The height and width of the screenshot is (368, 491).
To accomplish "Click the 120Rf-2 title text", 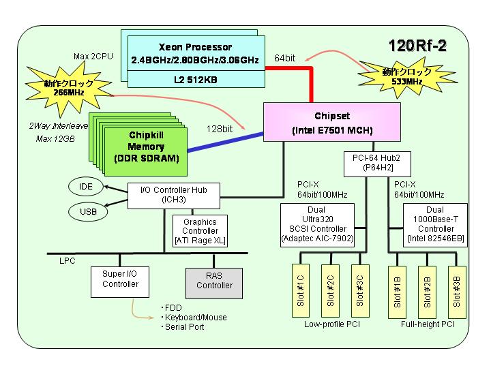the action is tap(417, 46).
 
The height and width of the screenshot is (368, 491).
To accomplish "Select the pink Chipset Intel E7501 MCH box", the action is tap(332, 122).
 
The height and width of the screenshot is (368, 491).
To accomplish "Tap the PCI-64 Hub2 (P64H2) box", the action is tap(377, 164).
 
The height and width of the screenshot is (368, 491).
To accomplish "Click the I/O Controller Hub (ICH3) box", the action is tap(174, 196).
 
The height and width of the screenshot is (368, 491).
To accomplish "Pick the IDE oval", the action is tap(85, 187).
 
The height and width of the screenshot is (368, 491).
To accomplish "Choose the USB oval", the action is tap(88, 212).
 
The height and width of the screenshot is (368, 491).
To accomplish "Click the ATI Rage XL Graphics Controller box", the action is tap(200, 231).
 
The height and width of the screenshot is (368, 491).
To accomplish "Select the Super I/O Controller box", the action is tap(120, 282).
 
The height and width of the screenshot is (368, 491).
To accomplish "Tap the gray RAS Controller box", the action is tap(214, 283).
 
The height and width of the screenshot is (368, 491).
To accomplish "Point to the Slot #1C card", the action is tap(301, 291).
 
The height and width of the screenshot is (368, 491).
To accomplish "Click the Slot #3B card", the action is tap(457, 292).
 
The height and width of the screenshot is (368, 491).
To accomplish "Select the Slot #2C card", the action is tap(330, 291).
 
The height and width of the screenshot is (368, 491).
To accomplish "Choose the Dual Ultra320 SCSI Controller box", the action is tap(318, 225).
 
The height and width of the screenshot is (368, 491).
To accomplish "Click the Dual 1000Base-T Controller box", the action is tap(435, 225).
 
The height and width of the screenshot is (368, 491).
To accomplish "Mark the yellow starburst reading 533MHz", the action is tap(406, 77).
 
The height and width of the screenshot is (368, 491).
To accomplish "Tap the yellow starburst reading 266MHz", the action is tap(68, 89).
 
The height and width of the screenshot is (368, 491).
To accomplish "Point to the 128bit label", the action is tap(219, 129).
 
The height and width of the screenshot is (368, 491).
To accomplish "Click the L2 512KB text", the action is tap(196, 80).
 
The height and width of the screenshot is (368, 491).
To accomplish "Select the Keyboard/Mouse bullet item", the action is tap(194, 318).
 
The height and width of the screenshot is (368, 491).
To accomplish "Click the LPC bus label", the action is tap(68, 260).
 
